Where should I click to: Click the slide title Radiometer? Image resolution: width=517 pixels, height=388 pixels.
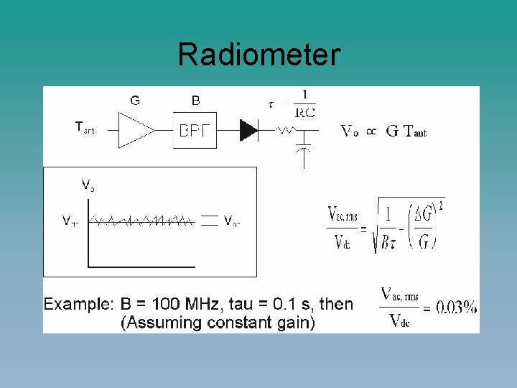pos(258,55)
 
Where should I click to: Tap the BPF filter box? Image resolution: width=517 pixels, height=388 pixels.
pos(194,130)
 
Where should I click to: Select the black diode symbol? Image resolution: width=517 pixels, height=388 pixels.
pos(248,130)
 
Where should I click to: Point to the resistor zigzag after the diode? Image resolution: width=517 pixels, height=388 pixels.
pos(286,131)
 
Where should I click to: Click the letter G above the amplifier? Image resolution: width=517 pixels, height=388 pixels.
pos(135,101)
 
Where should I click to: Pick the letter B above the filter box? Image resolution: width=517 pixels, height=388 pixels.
pos(196,101)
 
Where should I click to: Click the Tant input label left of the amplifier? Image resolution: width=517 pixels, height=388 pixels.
pos(85,128)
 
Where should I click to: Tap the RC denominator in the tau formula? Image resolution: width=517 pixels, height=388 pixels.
pos(305,112)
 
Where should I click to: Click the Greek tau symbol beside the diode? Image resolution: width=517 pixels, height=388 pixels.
pos(270,104)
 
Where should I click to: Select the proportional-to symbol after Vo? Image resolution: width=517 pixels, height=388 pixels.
pos(371,131)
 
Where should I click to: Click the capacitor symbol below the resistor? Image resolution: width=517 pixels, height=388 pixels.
pos(304,148)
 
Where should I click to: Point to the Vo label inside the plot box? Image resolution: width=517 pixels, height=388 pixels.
pos(88,185)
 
